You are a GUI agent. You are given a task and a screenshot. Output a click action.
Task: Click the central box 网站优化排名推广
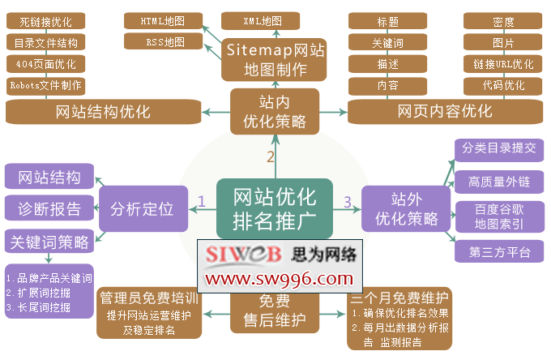pyautogui.click(x=274, y=208)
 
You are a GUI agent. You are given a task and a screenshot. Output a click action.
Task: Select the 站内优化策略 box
pyautogui.click(x=275, y=112)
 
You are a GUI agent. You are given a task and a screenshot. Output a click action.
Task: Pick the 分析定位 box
pyautogui.click(x=143, y=208)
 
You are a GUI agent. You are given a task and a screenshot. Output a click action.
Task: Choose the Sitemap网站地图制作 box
pyautogui.click(x=275, y=60)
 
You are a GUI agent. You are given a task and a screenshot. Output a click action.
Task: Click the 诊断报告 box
pyautogui.click(x=49, y=208)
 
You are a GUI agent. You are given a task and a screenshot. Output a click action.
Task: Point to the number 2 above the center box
pyautogui.click(x=271, y=157)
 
